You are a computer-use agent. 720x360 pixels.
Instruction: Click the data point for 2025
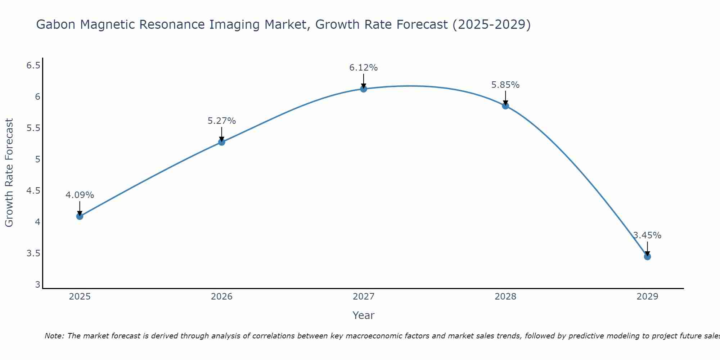(x=80, y=216)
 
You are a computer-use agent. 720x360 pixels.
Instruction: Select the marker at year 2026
(x=222, y=142)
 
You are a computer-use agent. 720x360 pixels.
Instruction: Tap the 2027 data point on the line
(x=364, y=89)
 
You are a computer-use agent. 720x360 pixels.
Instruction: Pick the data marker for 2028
(x=505, y=106)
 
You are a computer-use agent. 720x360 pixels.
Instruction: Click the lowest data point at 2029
(x=647, y=257)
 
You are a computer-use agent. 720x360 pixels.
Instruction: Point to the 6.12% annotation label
(x=364, y=68)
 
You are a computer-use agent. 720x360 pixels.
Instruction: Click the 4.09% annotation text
(x=80, y=195)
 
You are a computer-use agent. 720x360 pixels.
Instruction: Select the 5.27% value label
(x=222, y=121)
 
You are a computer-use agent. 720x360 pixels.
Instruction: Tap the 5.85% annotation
(x=505, y=85)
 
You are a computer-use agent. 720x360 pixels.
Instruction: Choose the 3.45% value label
(x=647, y=235)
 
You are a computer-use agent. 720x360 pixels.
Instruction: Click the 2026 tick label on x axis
(x=222, y=297)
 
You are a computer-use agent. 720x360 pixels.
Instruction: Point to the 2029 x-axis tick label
(x=647, y=297)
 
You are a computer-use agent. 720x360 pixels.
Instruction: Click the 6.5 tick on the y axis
(x=33, y=66)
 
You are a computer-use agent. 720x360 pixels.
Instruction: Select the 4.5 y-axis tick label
(x=33, y=191)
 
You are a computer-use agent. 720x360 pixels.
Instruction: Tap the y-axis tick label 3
(x=37, y=285)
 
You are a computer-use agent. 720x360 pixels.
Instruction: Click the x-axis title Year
(x=364, y=315)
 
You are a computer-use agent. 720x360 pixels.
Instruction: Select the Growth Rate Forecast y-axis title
(x=9, y=173)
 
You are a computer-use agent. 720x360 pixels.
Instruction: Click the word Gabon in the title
(x=56, y=25)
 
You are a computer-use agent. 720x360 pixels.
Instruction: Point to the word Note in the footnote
(x=54, y=336)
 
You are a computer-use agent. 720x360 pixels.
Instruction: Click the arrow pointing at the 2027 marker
(x=364, y=81)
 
